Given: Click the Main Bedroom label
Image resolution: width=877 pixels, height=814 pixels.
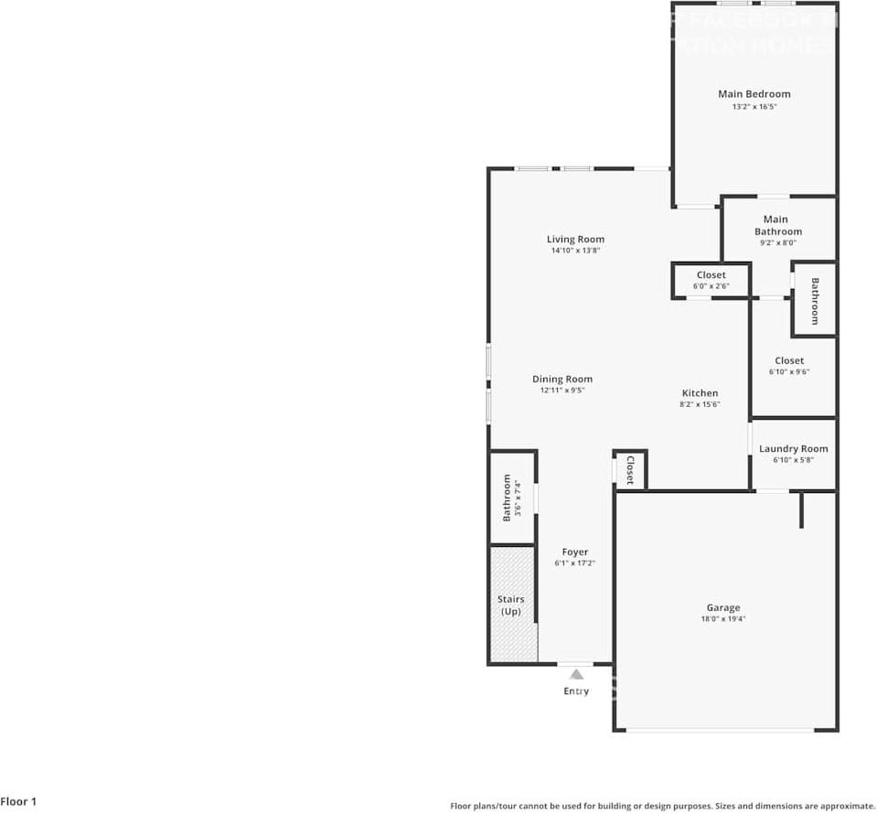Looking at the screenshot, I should click(754, 93).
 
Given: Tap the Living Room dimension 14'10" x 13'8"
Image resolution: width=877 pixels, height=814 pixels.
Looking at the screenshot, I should click(576, 251).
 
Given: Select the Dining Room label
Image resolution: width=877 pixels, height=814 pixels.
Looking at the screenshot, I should click(562, 379).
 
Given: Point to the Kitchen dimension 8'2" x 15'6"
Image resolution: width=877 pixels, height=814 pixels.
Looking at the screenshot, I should click(700, 404).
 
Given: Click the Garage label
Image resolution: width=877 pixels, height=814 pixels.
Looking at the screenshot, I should click(722, 607).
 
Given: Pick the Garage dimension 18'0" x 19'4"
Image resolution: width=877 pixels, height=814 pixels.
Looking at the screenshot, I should click(722, 619).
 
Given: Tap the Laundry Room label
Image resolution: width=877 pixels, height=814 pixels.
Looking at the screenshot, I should click(793, 448).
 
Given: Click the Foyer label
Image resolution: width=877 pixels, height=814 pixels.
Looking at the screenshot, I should click(575, 552).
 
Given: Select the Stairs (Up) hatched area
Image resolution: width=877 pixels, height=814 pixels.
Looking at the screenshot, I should click(511, 604).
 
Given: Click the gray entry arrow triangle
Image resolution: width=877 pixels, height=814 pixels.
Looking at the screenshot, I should click(576, 674).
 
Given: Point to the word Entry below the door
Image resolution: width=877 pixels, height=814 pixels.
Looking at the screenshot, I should click(576, 691).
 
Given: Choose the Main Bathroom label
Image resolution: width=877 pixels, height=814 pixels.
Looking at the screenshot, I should click(777, 225).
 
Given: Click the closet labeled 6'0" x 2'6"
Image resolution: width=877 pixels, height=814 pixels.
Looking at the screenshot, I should click(711, 281).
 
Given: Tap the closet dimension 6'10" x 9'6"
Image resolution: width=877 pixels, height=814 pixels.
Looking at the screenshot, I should click(789, 372).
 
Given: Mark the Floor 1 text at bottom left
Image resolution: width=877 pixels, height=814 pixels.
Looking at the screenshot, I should click(19, 802).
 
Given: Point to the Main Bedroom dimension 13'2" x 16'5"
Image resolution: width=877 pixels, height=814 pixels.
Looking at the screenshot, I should click(754, 107).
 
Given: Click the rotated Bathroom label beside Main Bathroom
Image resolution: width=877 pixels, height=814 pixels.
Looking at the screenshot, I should click(814, 300).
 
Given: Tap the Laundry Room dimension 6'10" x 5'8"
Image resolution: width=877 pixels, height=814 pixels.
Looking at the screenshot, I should click(793, 460).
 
